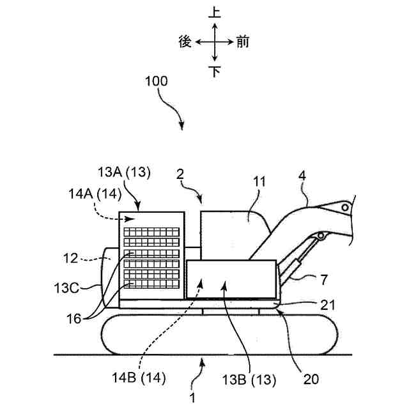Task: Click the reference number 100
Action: (157, 82)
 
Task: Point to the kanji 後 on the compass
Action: (185, 42)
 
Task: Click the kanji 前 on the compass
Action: (243, 42)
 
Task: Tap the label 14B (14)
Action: (141, 377)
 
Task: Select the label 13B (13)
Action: (251, 380)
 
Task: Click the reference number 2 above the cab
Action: (181, 173)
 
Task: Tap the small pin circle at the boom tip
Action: (345, 208)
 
